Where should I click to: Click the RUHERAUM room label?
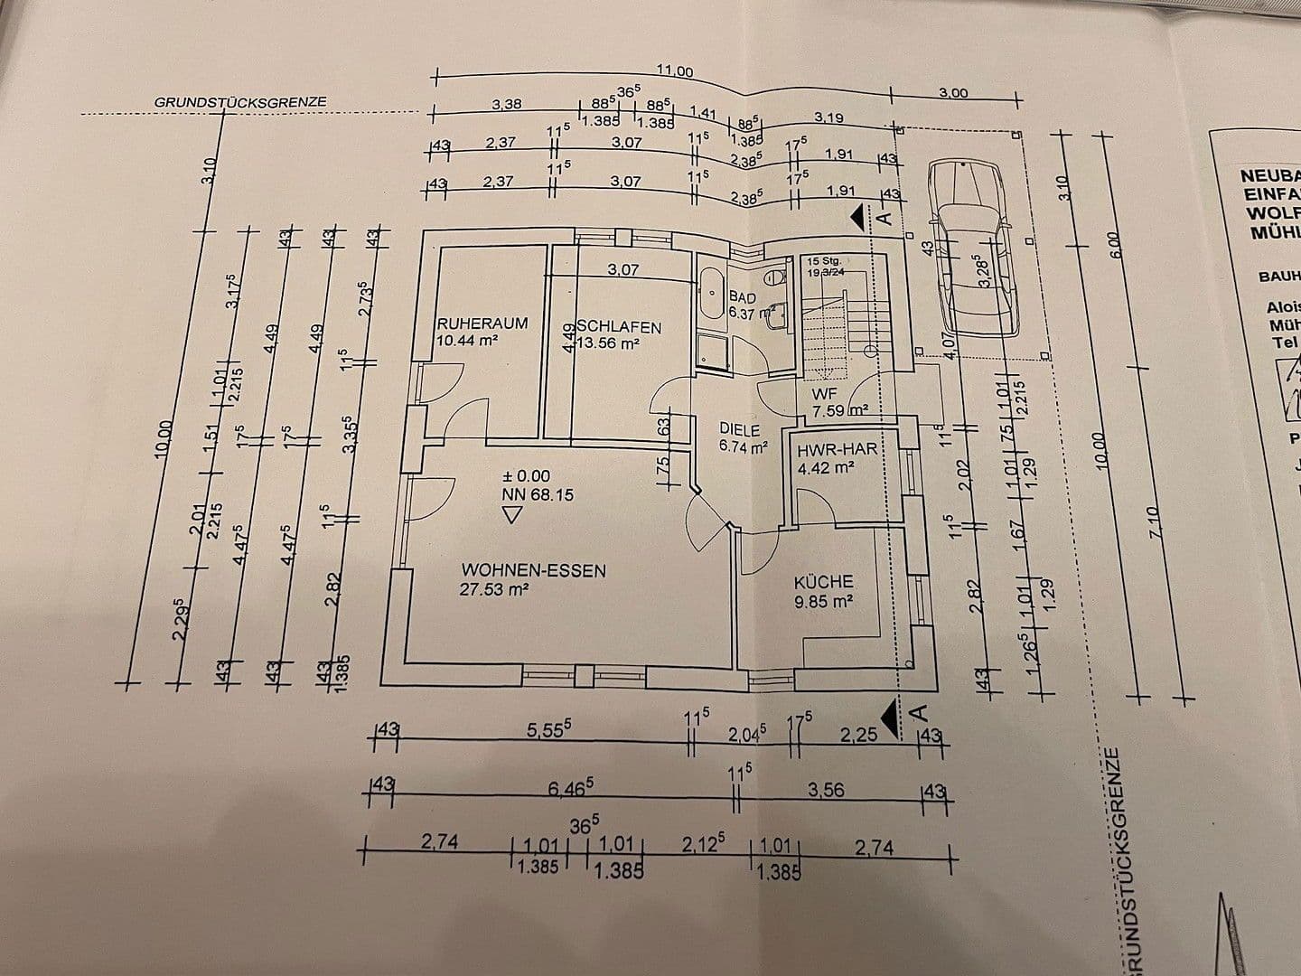click(x=482, y=323)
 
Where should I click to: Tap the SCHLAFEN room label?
click(x=620, y=327)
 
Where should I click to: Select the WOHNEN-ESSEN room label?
click(x=533, y=570)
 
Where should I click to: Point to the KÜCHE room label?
click(x=823, y=583)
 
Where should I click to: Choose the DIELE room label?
click(x=740, y=430)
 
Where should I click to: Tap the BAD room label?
click(x=742, y=296)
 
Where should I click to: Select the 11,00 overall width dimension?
click(x=673, y=72)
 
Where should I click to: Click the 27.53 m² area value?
click(x=494, y=589)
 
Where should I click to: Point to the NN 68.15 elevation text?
click(x=538, y=494)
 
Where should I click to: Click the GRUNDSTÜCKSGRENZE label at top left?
click(x=240, y=102)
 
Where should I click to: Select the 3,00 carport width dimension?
click(x=952, y=93)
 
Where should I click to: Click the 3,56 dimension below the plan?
click(x=826, y=790)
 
